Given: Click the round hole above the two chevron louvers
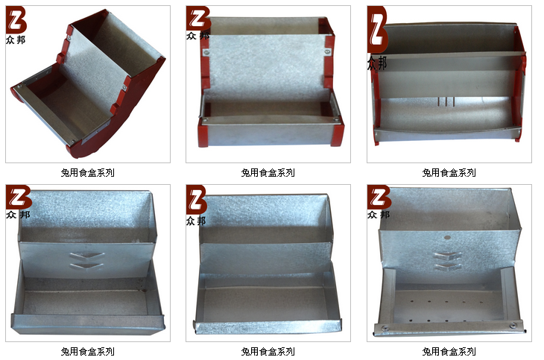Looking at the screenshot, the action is point(448,238).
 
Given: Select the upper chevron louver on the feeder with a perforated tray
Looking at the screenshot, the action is point(448,256).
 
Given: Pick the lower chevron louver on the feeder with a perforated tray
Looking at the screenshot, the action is point(448,267).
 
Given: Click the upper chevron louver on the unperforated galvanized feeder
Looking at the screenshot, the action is point(86,256).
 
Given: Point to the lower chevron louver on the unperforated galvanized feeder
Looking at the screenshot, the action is point(86,266).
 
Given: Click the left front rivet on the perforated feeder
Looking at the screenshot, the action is point(384,328).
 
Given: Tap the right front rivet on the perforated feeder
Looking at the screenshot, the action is point(513,325).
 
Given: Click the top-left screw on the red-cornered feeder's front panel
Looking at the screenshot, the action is point(206,53).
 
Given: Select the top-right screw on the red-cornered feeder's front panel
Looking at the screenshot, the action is point(327,52).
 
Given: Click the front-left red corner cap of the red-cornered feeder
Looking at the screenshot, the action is point(203,133).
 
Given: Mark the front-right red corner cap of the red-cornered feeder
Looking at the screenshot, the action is point(337,132).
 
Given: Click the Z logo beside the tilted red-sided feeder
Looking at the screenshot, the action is point(16,21).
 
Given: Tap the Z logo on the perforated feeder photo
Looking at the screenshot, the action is point(379,198).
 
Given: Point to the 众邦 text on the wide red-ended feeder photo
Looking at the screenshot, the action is point(377,63).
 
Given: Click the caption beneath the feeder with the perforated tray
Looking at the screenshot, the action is point(449,351).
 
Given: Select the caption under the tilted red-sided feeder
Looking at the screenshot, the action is point(87,172).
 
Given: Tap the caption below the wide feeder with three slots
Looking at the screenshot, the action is point(449,172).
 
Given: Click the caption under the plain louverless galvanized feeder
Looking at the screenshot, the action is point(268,351).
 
